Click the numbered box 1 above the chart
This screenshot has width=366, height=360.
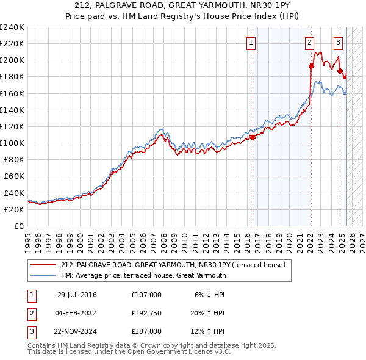[251, 43]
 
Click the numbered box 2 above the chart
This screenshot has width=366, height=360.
[310, 43]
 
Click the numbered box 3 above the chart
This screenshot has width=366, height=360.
[338, 43]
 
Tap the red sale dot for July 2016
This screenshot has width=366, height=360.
[253, 137]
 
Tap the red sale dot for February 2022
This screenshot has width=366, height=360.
[311, 67]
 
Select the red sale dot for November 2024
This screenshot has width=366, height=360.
[340, 71]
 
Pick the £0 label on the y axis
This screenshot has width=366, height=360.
[18, 226]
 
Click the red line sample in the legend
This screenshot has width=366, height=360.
[43, 265]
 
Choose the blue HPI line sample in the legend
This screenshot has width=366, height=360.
[43, 275]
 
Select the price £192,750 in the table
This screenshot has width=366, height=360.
[146, 313]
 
